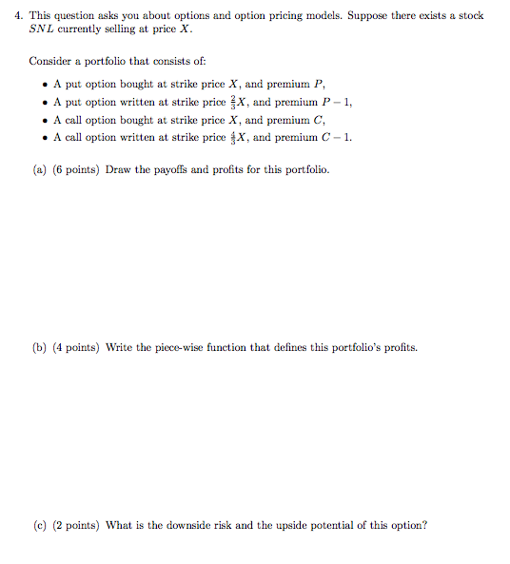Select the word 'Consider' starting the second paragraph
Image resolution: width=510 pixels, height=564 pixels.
point(49,61)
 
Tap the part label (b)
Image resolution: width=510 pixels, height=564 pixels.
point(40,347)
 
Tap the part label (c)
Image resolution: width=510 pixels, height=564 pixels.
point(40,525)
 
